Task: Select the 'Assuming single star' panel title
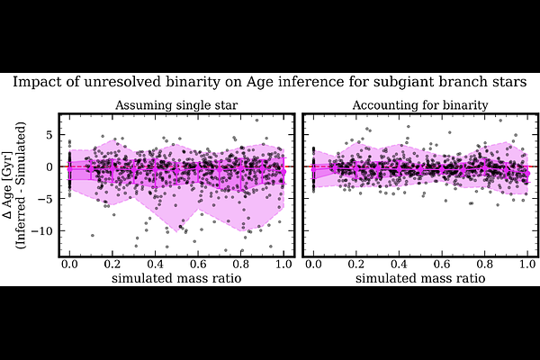(x=176, y=105)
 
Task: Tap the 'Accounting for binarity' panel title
(x=420, y=105)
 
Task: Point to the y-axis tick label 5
(x=51, y=134)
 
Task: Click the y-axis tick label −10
(x=42, y=230)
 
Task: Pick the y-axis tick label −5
(x=47, y=199)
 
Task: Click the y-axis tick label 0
(x=51, y=166)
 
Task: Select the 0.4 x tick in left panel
(x=156, y=265)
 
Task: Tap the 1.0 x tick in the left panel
(x=283, y=265)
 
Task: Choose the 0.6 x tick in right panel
(x=442, y=265)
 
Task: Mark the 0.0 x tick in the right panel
(x=314, y=265)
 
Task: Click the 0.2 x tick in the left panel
(x=112, y=265)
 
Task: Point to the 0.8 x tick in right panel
(x=484, y=265)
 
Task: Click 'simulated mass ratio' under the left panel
(x=176, y=278)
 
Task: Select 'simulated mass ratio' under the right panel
(x=420, y=278)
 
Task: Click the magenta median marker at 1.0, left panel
(x=283, y=171)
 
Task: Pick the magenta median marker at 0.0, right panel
(x=314, y=169)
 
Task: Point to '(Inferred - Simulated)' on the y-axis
(x=22, y=185)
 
